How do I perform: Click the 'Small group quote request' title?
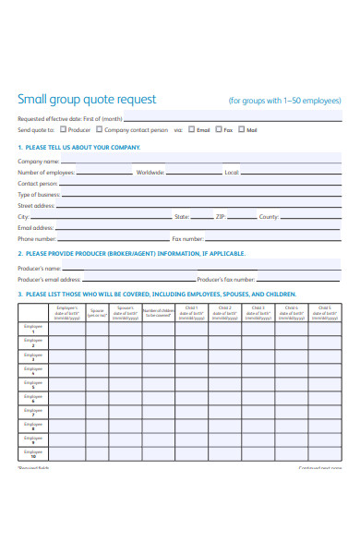pyautogui.click(x=87, y=100)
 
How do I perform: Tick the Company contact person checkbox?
pyautogui.click(x=99, y=130)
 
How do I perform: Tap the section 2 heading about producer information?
pyautogui.click(x=132, y=253)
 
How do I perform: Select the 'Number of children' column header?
pyautogui.click(x=159, y=313)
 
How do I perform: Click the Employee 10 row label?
pyautogui.click(x=32, y=454)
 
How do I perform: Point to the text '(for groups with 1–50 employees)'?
pyautogui.click(x=284, y=100)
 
